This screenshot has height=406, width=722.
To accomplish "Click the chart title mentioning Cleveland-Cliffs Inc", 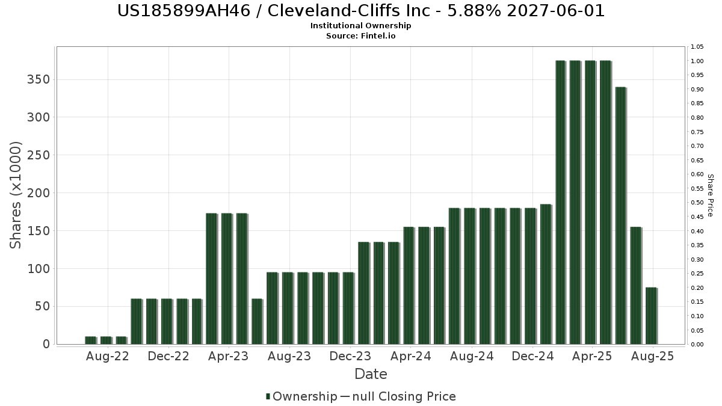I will coord(360,11).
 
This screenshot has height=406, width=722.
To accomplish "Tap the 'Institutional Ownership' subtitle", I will coord(360,26).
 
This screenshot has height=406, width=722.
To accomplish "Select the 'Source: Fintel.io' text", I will coord(360,36).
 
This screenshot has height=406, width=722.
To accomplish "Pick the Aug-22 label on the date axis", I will coord(108,356).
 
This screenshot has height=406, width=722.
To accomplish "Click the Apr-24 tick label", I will coord(410,356).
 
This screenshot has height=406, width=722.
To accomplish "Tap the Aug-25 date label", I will coord(652,356).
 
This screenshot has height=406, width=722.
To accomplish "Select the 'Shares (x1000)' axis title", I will coord(16,195).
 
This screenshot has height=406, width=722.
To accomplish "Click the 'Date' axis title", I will coord(371,374).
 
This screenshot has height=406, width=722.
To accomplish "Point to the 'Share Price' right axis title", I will coord(710,195).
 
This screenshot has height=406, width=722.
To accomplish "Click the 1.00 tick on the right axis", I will coord(697,61).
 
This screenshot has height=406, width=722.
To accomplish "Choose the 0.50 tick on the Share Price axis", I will coord(697,203).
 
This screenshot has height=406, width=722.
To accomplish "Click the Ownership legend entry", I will coord(301,396).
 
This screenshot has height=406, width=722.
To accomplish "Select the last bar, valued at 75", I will coord(651,316).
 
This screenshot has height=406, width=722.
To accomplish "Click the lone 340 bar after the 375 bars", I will coord(620,215).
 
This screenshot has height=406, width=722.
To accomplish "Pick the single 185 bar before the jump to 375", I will coord(545,274).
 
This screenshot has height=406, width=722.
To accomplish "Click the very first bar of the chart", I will coord(90,340).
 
